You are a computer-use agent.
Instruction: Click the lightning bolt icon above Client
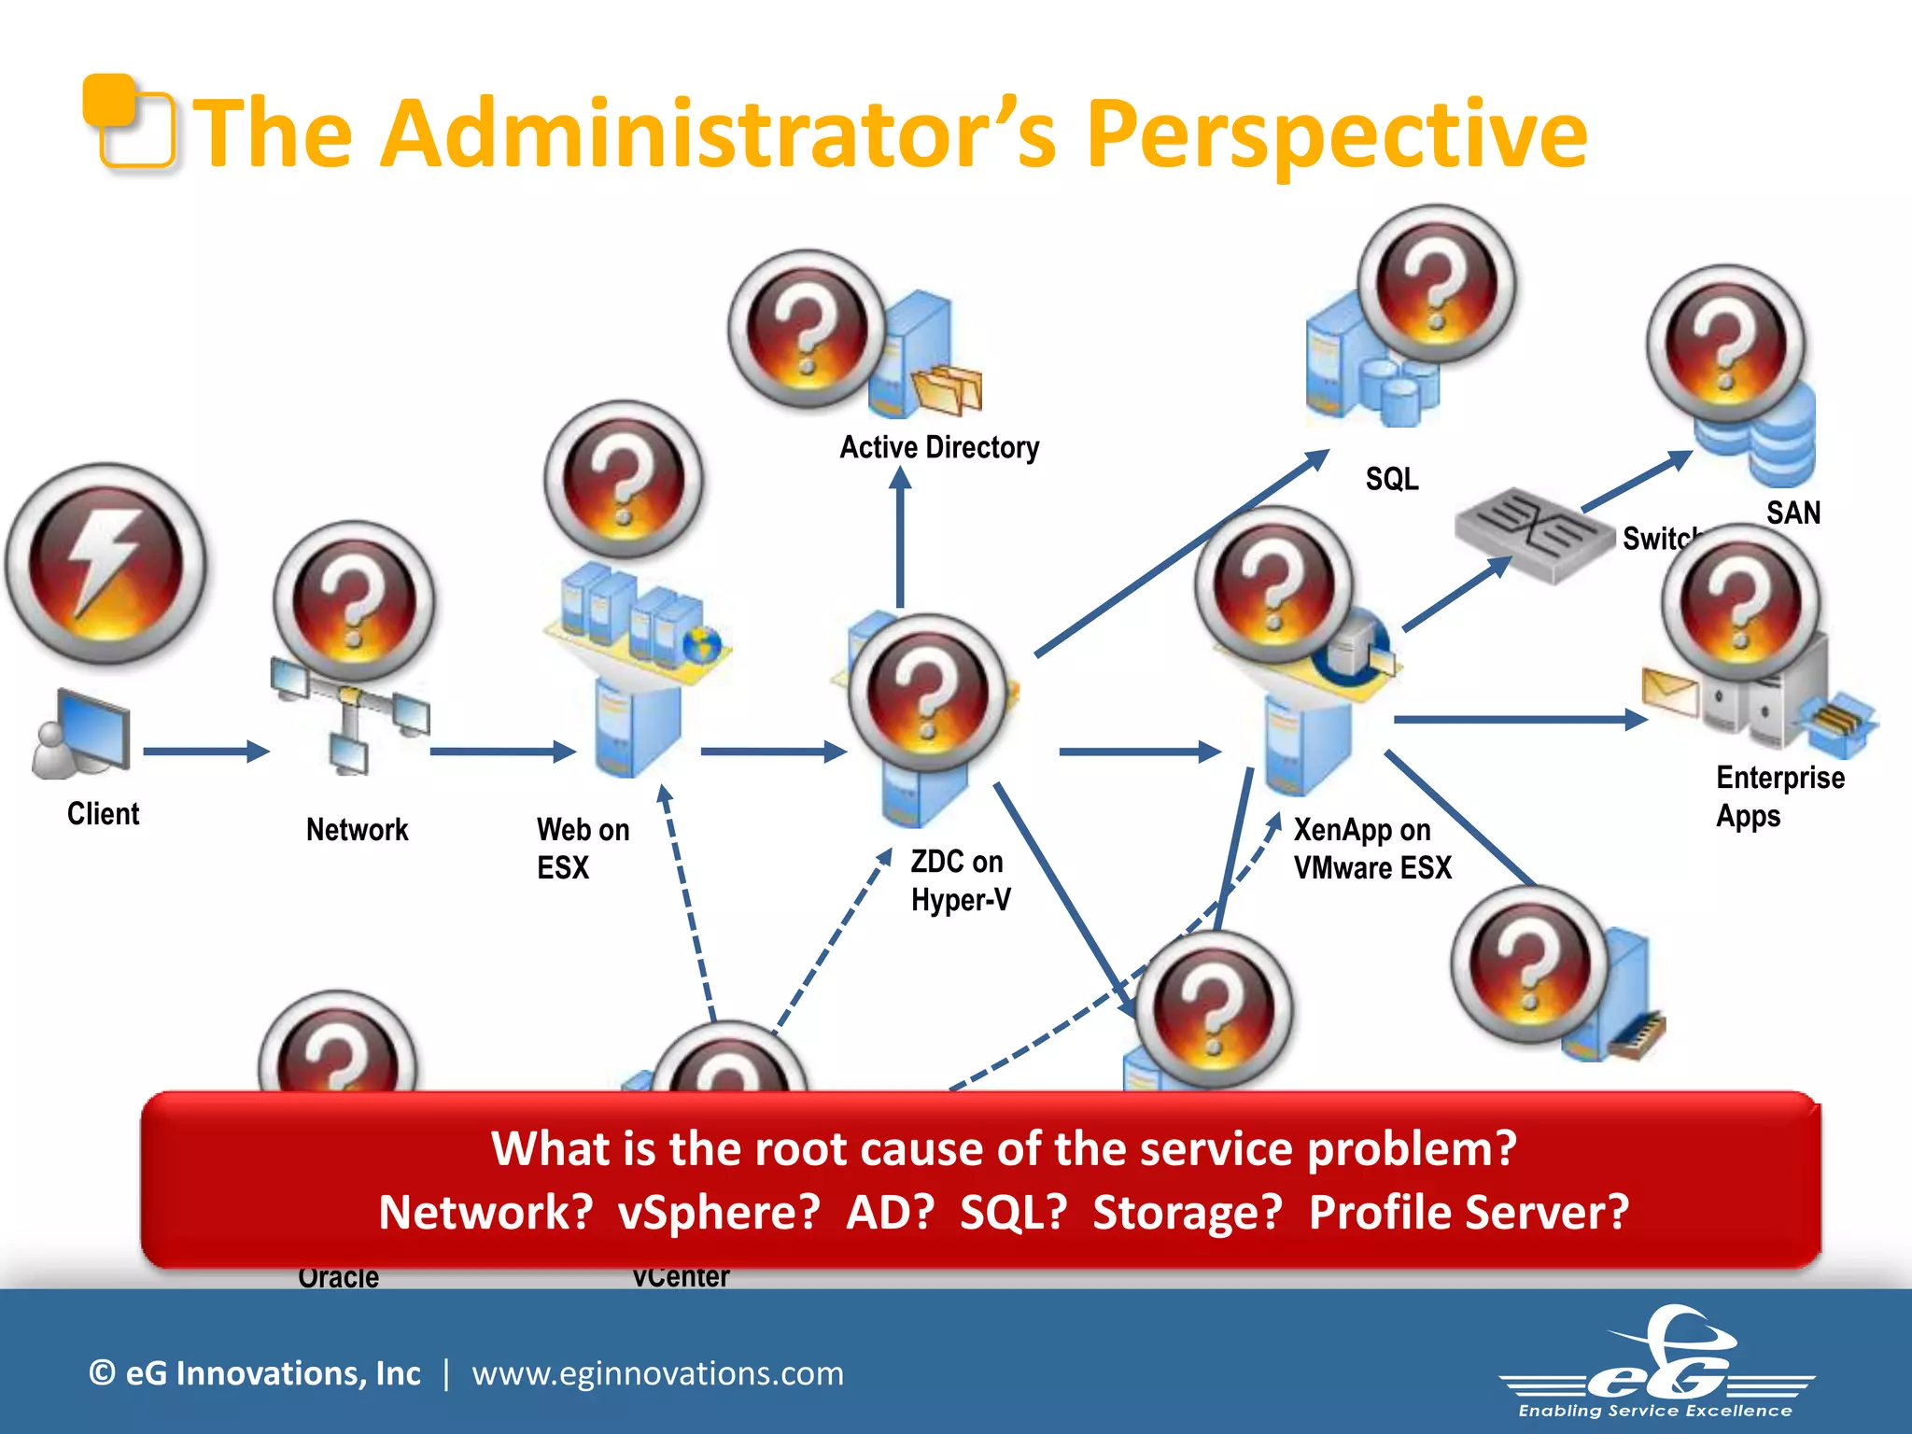pos(105,564)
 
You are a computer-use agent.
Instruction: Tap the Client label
pos(103,814)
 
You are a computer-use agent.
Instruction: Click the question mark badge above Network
pos(354,601)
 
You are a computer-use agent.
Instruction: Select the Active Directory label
pos(938,447)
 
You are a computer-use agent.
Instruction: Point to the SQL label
pos(1391,479)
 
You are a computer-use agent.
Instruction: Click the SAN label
pos(1792,513)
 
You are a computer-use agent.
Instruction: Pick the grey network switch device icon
pos(1534,536)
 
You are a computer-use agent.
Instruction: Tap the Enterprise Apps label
pos(1778,796)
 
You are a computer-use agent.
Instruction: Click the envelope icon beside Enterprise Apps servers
pos(1669,692)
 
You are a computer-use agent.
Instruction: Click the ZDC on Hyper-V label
pos(961,880)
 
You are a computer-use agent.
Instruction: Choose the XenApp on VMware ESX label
pos(1371,849)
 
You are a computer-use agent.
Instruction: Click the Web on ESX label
pos(583,849)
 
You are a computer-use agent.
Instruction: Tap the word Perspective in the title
pos(1336,135)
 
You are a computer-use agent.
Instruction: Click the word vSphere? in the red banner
pos(719,1212)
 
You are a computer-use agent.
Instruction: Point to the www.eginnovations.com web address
pos(657,1373)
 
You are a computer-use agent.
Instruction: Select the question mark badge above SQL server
pos(1437,284)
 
